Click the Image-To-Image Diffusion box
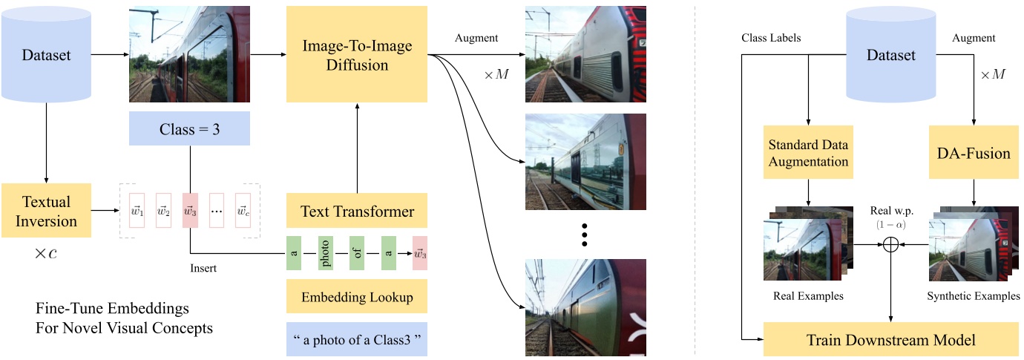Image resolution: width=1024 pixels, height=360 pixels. pos(356,56)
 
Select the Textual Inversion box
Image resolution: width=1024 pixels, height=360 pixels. pos(47,212)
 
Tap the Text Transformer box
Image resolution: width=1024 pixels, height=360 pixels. pos(356,212)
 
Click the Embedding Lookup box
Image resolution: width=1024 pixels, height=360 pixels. pos(357,297)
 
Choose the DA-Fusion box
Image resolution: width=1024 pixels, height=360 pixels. pos(974,154)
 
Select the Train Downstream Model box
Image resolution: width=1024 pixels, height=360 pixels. pos(890,340)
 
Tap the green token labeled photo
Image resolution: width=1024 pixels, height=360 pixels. pos(324,253)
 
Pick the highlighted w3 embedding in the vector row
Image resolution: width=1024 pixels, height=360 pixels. pos(190,212)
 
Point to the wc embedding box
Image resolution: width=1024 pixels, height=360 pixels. pos(243,212)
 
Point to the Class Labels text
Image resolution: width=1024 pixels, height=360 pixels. pos(771,38)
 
